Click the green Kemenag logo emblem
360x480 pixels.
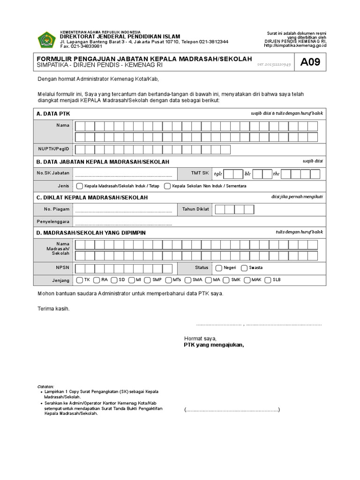[46, 39]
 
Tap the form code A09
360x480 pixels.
[310, 62]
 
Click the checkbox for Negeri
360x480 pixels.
[219, 268]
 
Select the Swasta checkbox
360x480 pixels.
[244, 268]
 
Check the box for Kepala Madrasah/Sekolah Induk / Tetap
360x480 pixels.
[80, 186]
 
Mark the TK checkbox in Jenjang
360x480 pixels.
[80, 280]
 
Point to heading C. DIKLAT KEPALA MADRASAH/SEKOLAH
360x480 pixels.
[92, 197]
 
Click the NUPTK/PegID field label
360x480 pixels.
[53, 149]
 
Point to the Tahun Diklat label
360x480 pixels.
[195, 209]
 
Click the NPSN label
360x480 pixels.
[62, 268]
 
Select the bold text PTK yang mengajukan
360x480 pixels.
[214, 345]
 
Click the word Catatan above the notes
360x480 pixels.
[46, 386]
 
